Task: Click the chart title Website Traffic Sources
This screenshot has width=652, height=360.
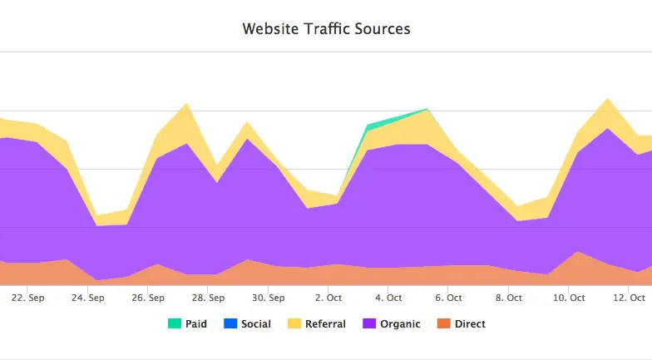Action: [326, 29]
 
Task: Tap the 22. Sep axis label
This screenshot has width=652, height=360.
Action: [30, 298]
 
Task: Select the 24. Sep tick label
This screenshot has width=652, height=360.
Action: [88, 298]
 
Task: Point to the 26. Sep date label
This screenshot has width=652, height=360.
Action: [149, 298]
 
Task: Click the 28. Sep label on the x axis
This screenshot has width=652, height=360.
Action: [208, 298]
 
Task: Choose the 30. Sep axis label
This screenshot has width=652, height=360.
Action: [269, 298]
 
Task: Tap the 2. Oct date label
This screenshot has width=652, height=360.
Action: [329, 298]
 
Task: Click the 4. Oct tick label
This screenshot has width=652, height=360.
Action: [388, 298]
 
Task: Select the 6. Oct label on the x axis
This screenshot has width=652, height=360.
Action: [449, 298]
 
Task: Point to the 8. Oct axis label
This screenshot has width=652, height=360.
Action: [508, 298]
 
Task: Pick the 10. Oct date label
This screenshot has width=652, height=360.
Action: [569, 298]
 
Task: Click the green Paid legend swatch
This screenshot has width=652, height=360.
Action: [174, 324]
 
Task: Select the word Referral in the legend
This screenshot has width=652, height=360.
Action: [326, 324]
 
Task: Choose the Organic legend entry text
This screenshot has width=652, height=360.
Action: [400, 324]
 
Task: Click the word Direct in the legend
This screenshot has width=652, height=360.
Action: [470, 324]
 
